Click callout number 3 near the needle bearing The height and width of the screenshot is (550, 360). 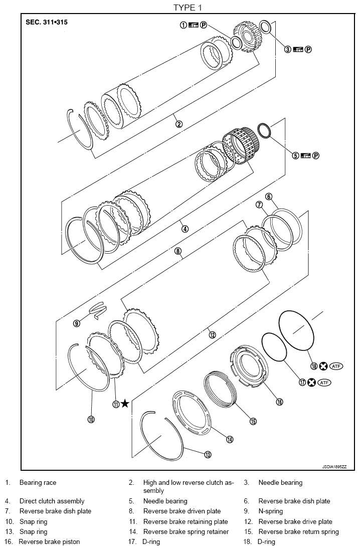coord(288,49)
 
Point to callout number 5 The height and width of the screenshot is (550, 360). coord(295,155)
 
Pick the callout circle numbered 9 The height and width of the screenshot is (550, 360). coord(77,323)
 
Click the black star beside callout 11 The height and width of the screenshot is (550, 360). coord(125,404)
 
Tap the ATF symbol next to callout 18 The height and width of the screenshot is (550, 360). coord(325,366)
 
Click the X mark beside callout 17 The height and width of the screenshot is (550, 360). coord(311,382)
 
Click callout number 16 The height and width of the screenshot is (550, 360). coord(279,402)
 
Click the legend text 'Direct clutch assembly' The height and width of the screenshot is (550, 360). coord(52,501)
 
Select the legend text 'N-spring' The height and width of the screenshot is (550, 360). coord(270,511)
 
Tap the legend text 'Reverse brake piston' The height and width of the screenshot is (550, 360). coord(49,541)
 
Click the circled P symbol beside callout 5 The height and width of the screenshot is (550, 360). coord(316,155)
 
